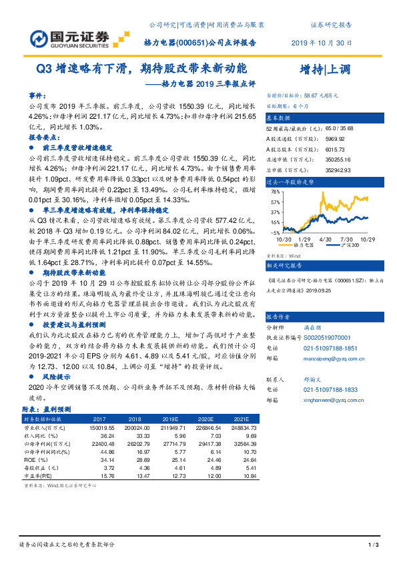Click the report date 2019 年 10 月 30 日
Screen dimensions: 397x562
tap(322, 42)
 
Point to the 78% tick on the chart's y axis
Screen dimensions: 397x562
tap(274, 191)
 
